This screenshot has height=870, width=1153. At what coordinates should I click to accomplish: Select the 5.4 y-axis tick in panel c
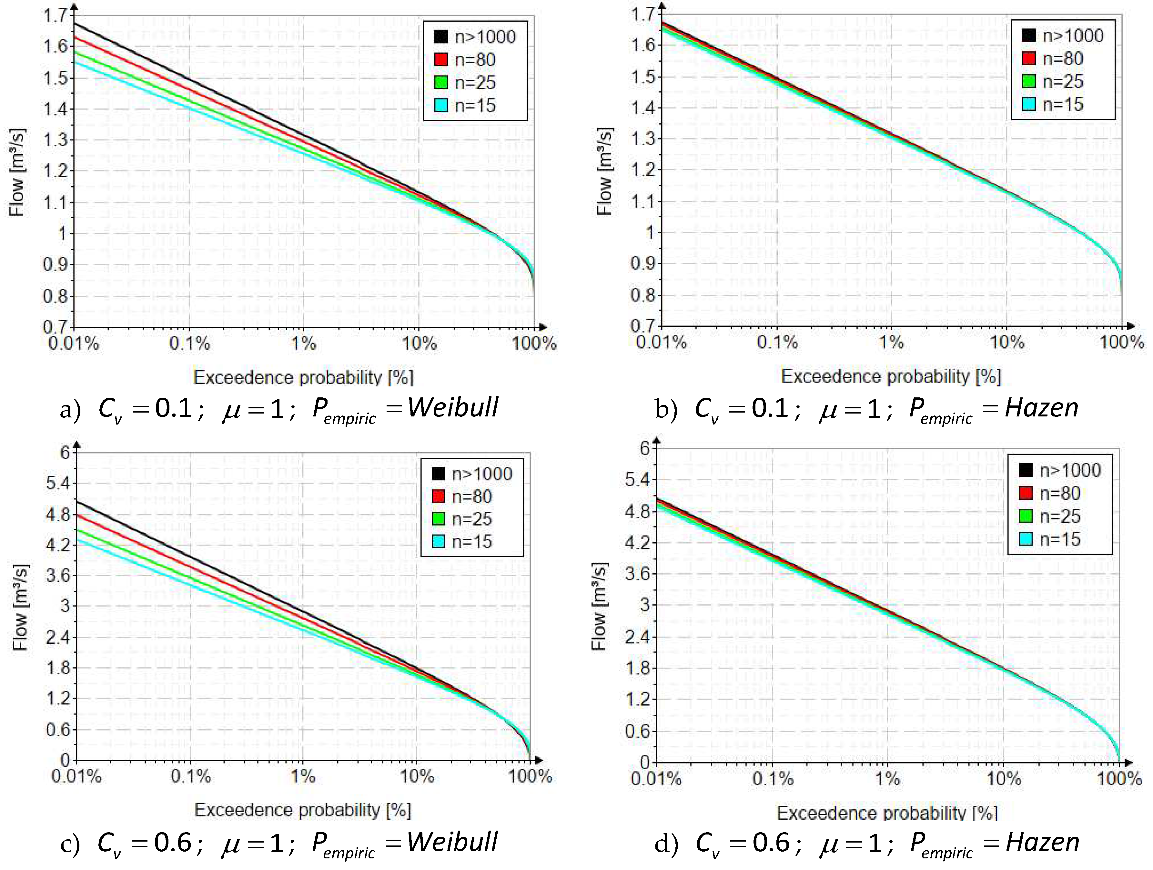click(58, 483)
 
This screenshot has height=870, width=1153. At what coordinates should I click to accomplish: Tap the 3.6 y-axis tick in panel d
click(637, 574)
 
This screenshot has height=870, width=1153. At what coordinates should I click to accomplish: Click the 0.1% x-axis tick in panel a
click(190, 343)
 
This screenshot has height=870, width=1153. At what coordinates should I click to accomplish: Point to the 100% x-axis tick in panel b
click(1122, 342)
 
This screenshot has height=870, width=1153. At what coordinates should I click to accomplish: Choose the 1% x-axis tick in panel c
click(303, 776)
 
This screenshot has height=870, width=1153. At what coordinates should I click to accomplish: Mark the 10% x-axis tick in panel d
click(1003, 779)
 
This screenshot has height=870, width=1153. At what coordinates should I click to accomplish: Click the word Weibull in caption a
click(452, 407)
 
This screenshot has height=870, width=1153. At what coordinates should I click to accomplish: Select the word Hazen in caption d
click(1042, 842)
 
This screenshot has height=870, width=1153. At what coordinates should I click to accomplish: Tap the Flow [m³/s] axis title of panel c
click(20, 607)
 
